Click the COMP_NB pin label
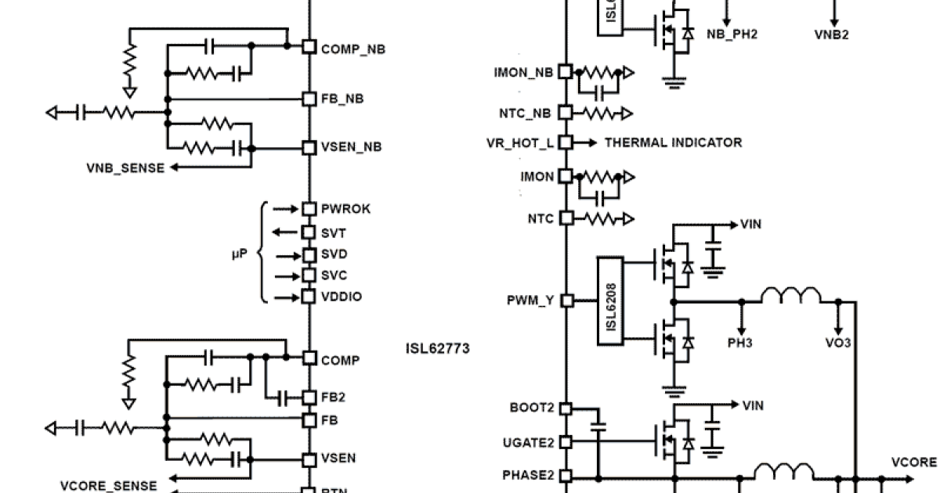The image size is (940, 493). pyautogui.click(x=352, y=49)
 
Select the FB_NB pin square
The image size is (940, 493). pyautogui.click(x=309, y=99)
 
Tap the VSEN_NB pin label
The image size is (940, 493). pyautogui.click(x=352, y=147)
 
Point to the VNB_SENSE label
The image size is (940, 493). pyautogui.click(x=125, y=167)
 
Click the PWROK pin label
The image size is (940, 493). pyautogui.click(x=345, y=209)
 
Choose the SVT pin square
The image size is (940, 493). pyautogui.click(x=309, y=232)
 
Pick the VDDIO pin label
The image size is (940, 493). pyautogui.click(x=342, y=297)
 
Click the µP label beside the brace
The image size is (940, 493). pyautogui.click(x=240, y=254)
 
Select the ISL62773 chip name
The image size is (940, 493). pyautogui.click(x=438, y=348)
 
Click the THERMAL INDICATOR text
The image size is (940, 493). pyautogui.click(x=673, y=142)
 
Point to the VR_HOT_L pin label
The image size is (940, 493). pyautogui.click(x=521, y=143)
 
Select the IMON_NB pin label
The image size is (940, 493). pyautogui.click(x=523, y=73)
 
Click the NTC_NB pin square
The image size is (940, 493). pyautogui.click(x=566, y=113)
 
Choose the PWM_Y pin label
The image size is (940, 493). pyautogui.click(x=531, y=300)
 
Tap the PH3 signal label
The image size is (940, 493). pyautogui.click(x=740, y=343)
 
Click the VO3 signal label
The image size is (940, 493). pyautogui.click(x=838, y=343)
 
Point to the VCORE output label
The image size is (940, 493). pyautogui.click(x=914, y=462)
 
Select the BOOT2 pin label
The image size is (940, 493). pyautogui.click(x=532, y=408)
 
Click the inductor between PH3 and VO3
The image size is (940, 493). pyautogui.click(x=790, y=295)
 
